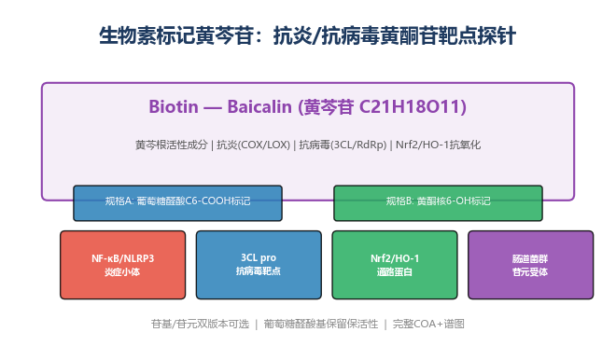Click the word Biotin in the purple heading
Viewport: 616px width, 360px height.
174,106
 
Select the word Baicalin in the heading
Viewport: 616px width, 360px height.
259,106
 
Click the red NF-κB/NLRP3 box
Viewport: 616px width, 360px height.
122,265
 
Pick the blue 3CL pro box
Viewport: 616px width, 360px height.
259,265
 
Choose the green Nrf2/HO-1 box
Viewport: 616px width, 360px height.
395,265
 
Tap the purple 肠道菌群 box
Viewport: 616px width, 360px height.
531,265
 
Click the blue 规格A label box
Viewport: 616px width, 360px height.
177,203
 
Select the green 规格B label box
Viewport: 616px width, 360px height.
438,203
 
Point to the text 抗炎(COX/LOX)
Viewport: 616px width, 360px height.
253,145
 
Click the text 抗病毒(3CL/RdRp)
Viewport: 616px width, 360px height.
343,145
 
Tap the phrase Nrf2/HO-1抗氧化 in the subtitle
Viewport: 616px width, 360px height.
438,145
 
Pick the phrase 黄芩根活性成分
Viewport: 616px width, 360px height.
172,145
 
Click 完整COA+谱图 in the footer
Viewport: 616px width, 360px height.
428,324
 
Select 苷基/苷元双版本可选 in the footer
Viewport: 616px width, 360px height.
200,324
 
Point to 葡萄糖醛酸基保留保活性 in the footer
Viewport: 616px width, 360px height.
320,324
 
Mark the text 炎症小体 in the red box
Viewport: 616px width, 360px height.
122,272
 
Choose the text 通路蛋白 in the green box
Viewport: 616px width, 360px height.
395,272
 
